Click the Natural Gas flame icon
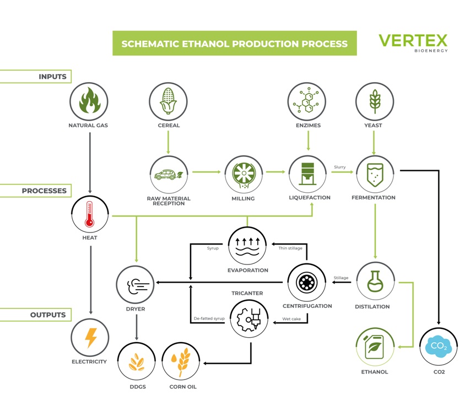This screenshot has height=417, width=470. (89, 102)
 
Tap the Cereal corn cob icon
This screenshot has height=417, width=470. (168, 102)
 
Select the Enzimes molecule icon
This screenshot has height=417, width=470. (307, 102)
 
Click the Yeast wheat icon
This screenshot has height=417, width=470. (375, 102)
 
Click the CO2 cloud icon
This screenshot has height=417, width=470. (439, 346)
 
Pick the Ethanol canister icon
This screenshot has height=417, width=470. (375, 346)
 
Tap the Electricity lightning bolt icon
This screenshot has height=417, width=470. (90, 338)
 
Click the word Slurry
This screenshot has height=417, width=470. (339, 167)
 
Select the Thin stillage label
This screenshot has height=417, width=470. (290, 248)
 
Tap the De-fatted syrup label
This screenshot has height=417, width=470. (209, 319)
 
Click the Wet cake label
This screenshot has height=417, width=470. (291, 319)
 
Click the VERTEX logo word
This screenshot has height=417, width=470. (413, 41)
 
